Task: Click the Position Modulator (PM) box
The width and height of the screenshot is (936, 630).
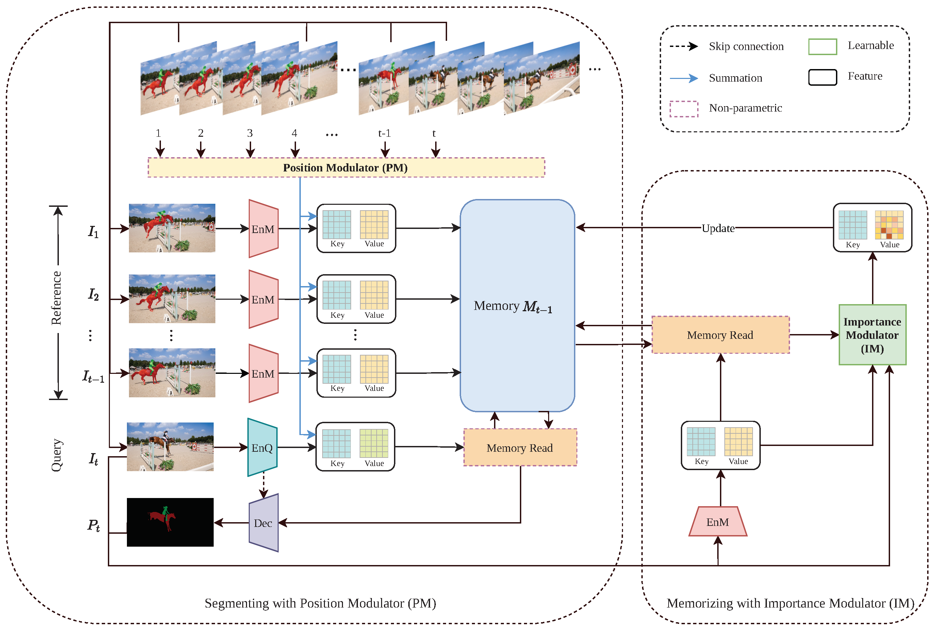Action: pyautogui.click(x=346, y=168)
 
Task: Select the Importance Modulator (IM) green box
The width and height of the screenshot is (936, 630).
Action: pyautogui.click(x=872, y=335)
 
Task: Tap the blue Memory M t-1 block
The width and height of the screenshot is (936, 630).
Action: pyautogui.click(x=517, y=305)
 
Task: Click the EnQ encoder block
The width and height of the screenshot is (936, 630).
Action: pyautogui.click(x=262, y=448)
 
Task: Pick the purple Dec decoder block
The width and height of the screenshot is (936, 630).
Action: pyautogui.click(x=263, y=523)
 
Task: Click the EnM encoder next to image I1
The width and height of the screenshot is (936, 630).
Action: pyautogui.click(x=263, y=229)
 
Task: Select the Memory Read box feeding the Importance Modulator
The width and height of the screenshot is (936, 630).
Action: pyautogui.click(x=720, y=335)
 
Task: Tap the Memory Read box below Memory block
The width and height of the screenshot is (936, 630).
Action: pyautogui.click(x=520, y=448)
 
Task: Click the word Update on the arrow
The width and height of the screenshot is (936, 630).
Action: pyautogui.click(x=718, y=228)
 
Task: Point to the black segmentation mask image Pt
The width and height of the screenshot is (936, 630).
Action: pyautogui.click(x=170, y=522)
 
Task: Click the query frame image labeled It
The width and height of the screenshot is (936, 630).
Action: pyautogui.click(x=170, y=446)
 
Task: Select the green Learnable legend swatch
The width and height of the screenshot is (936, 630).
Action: pyautogui.click(x=822, y=47)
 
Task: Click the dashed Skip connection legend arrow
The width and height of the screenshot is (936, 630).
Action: pyautogui.click(x=684, y=46)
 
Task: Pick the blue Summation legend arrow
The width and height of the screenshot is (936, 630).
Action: pyautogui.click(x=684, y=78)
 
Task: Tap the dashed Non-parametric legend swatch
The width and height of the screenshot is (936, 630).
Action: pyautogui.click(x=684, y=109)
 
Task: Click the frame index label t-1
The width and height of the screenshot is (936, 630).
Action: pyautogui.click(x=384, y=133)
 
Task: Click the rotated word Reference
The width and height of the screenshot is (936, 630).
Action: pyautogui.click(x=56, y=298)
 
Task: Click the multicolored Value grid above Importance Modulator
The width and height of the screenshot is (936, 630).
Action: pyautogui.click(x=889, y=225)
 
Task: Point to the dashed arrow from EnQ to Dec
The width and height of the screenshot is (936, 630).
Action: pyautogui.click(x=263, y=486)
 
